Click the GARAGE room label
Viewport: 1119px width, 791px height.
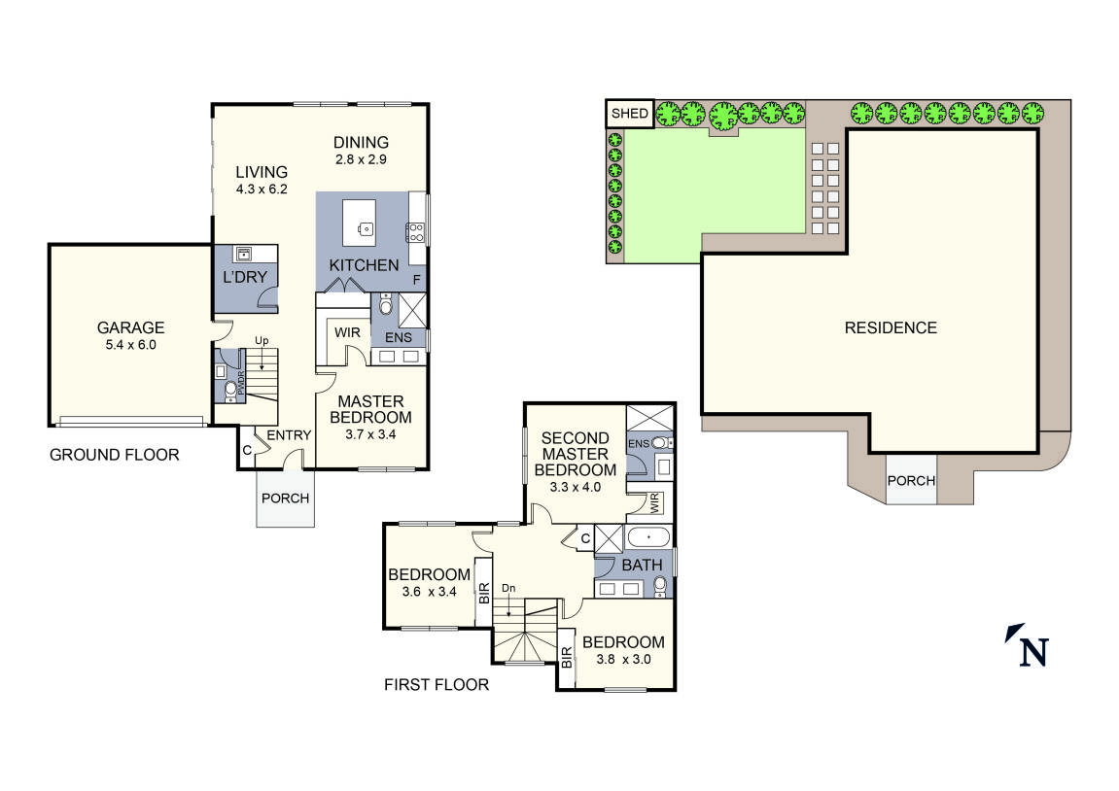point(130,327)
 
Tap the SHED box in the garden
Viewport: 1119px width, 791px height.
point(629,114)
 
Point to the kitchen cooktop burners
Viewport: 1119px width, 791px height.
point(415,231)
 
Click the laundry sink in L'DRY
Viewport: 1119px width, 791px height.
point(243,255)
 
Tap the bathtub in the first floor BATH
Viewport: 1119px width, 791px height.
point(647,537)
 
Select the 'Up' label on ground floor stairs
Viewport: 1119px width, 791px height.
point(261,340)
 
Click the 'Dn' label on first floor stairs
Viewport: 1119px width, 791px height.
point(508,588)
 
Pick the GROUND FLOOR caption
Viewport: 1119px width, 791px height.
point(114,454)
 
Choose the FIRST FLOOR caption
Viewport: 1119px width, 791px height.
point(437,685)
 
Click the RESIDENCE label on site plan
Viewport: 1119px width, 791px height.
point(890,327)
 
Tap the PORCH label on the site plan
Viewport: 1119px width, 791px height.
point(911,480)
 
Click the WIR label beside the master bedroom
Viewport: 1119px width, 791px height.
point(346,332)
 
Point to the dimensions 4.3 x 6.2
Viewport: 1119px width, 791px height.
point(262,190)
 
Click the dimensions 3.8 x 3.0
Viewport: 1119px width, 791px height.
point(623,659)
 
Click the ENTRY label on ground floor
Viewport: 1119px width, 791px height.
point(288,435)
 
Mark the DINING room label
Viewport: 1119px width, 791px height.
point(361,142)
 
